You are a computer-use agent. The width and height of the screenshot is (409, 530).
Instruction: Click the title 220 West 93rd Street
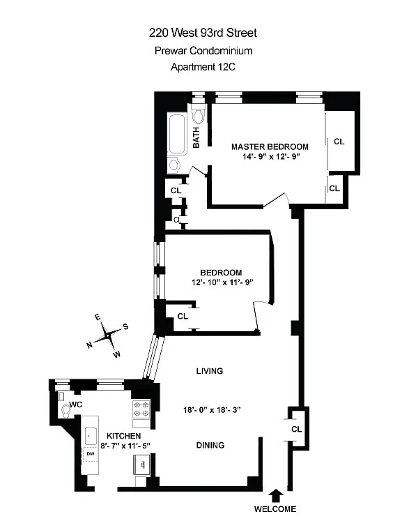(x=203, y=33)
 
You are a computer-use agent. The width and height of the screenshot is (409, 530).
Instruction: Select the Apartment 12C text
(x=203, y=66)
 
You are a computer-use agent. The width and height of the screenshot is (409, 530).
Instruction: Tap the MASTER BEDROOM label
(x=270, y=146)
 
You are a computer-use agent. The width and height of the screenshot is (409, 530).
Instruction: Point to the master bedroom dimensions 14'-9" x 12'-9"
(x=271, y=156)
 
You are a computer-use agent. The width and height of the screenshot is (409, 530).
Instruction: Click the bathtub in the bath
(x=177, y=135)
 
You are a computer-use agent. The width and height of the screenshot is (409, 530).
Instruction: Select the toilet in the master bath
(x=199, y=114)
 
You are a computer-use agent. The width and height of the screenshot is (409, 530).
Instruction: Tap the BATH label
(x=196, y=137)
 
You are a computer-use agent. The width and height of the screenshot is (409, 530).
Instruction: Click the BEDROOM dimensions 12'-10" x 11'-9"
(x=222, y=282)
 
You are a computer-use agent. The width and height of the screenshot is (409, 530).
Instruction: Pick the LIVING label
(x=210, y=371)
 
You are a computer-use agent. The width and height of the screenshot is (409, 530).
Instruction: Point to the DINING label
(x=210, y=445)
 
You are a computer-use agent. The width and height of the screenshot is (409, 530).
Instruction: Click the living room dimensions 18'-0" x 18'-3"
(x=212, y=409)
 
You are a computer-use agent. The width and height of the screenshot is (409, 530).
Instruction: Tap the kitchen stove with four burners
(x=141, y=409)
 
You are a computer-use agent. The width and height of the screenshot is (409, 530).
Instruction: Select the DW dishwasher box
(x=91, y=454)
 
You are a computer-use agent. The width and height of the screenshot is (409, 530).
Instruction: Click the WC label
(x=76, y=404)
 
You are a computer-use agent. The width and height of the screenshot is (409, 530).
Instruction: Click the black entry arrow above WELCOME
(x=277, y=495)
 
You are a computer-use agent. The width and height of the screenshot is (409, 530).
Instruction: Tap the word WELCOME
(x=275, y=508)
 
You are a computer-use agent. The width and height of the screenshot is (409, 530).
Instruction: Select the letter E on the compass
(x=98, y=317)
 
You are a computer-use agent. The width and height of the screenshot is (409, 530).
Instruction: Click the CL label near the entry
(x=297, y=429)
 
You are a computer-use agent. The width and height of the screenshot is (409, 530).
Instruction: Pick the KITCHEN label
(x=123, y=436)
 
